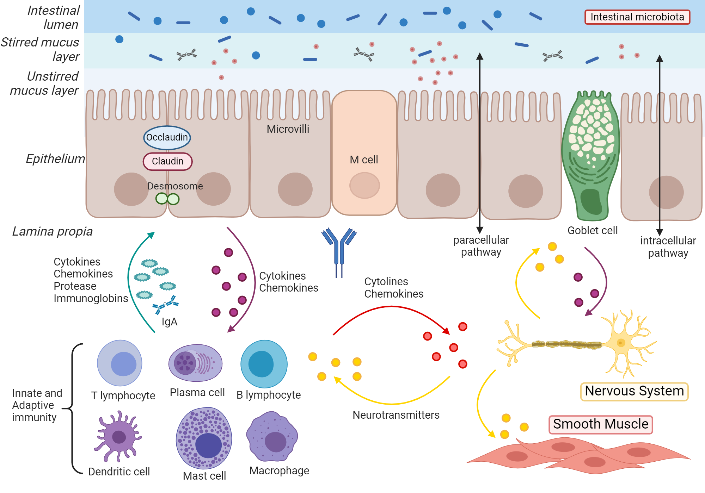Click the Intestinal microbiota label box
(637, 17)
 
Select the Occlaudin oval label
(167, 137)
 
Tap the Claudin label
(167, 161)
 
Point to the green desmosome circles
(167, 199)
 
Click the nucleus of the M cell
(364, 185)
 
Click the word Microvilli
(288, 129)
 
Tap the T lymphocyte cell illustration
(120, 363)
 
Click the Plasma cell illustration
(195, 363)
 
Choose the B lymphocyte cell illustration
(264, 364)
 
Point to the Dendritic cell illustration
(118, 437)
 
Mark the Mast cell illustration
(204, 438)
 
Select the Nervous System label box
(634, 391)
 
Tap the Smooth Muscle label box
(600, 424)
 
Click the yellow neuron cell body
(620, 343)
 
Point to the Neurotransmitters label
(396, 415)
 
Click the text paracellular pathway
(481, 246)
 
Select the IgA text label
(169, 322)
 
